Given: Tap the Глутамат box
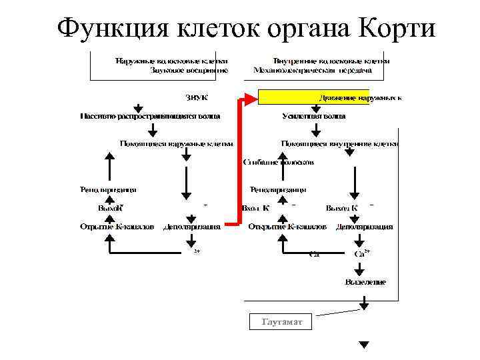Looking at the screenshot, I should (282, 322).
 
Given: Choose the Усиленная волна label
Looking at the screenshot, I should (313, 116).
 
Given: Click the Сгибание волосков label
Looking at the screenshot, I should (279, 162).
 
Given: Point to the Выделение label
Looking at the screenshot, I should (365, 283).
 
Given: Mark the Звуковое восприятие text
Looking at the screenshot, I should (189, 69).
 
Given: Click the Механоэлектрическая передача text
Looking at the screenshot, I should (312, 69).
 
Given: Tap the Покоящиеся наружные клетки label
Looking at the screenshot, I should (176, 143).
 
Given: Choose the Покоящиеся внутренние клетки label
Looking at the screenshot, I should (339, 143).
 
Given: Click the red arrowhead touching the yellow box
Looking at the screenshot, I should (251, 99).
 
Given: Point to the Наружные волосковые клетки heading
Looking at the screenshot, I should (171, 59).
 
